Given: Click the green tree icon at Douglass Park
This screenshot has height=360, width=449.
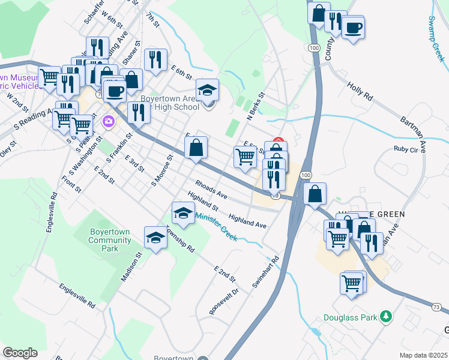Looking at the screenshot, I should (388, 317).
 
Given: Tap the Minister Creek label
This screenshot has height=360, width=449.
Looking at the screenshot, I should (216, 228).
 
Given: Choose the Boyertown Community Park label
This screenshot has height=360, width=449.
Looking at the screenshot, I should (110, 240).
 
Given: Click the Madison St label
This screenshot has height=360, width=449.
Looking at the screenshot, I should (131, 266).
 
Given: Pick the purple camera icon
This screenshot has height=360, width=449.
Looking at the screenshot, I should (109, 121).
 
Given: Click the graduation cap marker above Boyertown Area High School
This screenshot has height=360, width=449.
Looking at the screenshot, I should (208, 91).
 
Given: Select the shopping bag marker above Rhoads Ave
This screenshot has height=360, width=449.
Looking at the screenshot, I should (196, 148).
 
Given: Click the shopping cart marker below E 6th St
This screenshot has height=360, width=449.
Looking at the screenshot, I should (244, 157).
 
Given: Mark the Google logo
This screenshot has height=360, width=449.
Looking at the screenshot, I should (20, 353).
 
